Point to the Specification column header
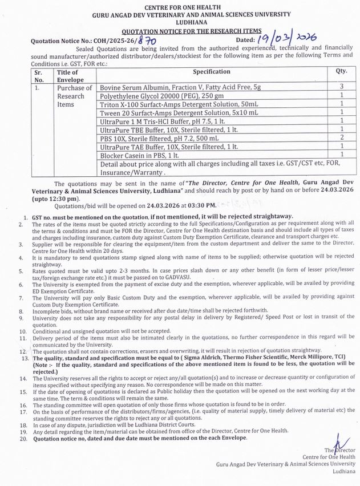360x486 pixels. coord(212,72)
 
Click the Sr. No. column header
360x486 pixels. coord(39,76)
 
